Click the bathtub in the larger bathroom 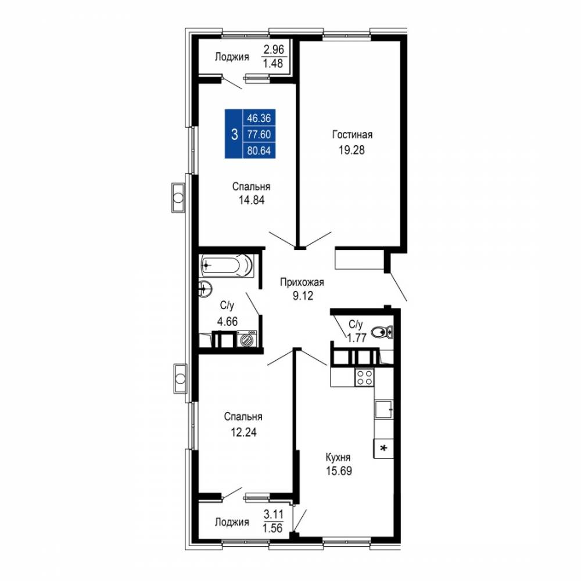coord(227,266)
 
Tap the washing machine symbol coord(246,339)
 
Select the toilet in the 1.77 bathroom coord(382,332)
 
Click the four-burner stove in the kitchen coord(364,377)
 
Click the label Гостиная coord(352,135)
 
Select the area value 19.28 coord(352,150)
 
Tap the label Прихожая coord(302,282)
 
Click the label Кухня coord(338,457)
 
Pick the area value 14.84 coord(252,200)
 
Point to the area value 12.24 coord(243,432)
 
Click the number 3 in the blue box coord(234,134)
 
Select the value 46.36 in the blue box coord(259,118)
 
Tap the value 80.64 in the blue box coord(259,151)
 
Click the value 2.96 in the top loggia coord(274,49)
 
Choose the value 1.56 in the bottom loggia coord(272,528)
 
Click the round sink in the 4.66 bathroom coord(205,288)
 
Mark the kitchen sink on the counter coord(383,410)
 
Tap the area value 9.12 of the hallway coord(303,296)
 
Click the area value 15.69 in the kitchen coord(339,471)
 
